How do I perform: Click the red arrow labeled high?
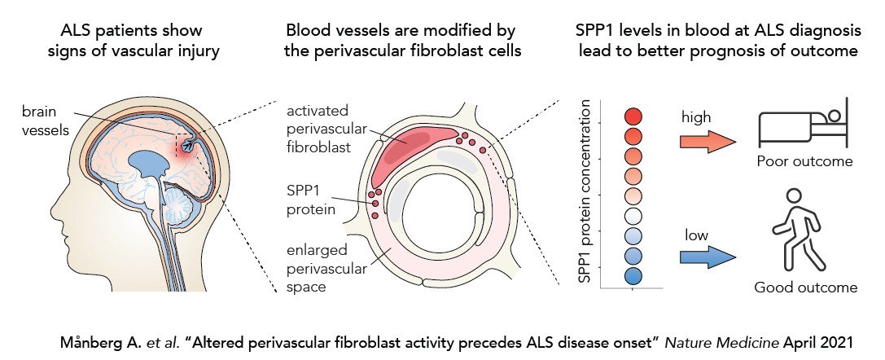coord(707,142)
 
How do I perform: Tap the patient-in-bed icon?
coord(803,125)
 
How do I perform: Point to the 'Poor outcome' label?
coord(804,161)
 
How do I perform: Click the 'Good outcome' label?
coord(805,288)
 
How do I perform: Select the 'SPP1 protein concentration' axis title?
coord(584,195)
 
